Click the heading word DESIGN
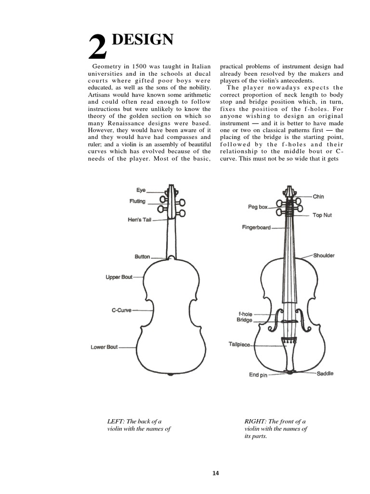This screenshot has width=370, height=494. click(x=142, y=40)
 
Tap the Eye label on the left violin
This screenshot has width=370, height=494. click(x=141, y=191)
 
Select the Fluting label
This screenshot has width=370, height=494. click(x=137, y=201)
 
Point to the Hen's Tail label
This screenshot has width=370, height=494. click(x=140, y=220)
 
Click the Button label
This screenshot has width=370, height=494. click(x=142, y=257)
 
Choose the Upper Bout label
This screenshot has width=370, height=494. click(x=119, y=277)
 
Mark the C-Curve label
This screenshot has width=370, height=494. click(x=121, y=310)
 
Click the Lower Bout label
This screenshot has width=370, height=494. click(x=104, y=347)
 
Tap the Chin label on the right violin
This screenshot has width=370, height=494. click(x=318, y=196)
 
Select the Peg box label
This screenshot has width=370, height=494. click(x=258, y=207)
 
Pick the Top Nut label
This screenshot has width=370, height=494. click(x=322, y=215)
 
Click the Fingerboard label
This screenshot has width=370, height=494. click(x=256, y=227)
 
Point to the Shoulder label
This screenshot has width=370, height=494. click(x=323, y=255)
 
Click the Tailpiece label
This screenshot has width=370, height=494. click(x=239, y=344)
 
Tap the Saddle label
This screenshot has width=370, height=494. click(x=325, y=373)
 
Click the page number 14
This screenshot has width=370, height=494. click(x=216, y=473)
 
